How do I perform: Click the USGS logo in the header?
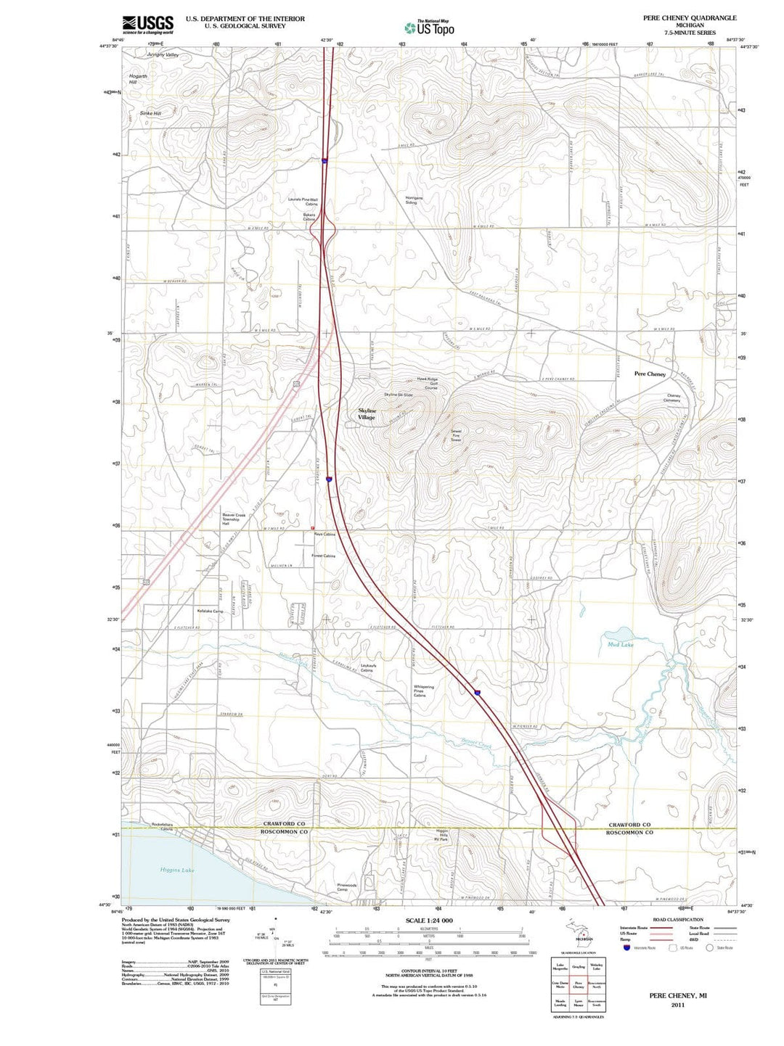[x=147, y=25]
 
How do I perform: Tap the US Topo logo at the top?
[x=430, y=28]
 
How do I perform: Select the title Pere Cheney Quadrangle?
[x=689, y=17]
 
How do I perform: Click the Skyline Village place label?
[x=367, y=414]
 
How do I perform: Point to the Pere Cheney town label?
[x=650, y=374]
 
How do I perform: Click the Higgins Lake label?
[x=177, y=870]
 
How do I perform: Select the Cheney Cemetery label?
[x=673, y=398]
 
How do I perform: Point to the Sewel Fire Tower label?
[x=456, y=435]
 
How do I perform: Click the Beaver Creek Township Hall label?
[x=234, y=519]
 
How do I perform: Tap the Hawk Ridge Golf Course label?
[x=427, y=383]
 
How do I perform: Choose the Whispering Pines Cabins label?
[x=424, y=691]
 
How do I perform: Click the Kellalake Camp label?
[x=210, y=611]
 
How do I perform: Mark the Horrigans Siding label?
[x=413, y=199]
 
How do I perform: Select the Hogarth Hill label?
[x=138, y=79]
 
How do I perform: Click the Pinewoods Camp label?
[x=346, y=887]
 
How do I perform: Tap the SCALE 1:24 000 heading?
[x=428, y=920]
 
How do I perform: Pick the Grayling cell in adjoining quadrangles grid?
[x=579, y=966]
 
